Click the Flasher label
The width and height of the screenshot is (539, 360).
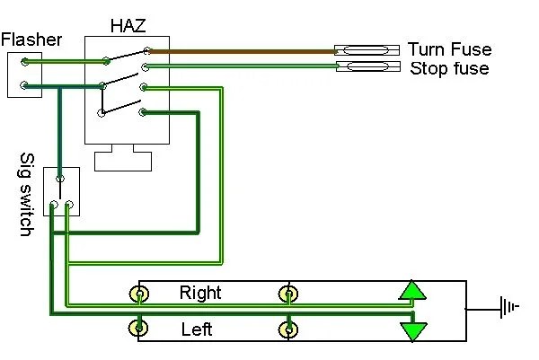point(31,40)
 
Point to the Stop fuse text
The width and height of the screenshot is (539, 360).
point(449,68)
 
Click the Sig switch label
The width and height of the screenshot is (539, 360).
point(26,194)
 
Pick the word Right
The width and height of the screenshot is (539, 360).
point(200,293)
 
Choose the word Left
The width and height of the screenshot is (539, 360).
point(196,329)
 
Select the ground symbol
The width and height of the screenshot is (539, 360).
point(509,310)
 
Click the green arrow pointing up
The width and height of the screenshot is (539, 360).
point(412,290)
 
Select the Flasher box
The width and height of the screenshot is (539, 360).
point(25,75)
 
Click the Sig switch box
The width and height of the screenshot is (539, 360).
point(61,191)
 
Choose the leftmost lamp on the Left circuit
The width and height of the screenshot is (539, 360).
point(139,329)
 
